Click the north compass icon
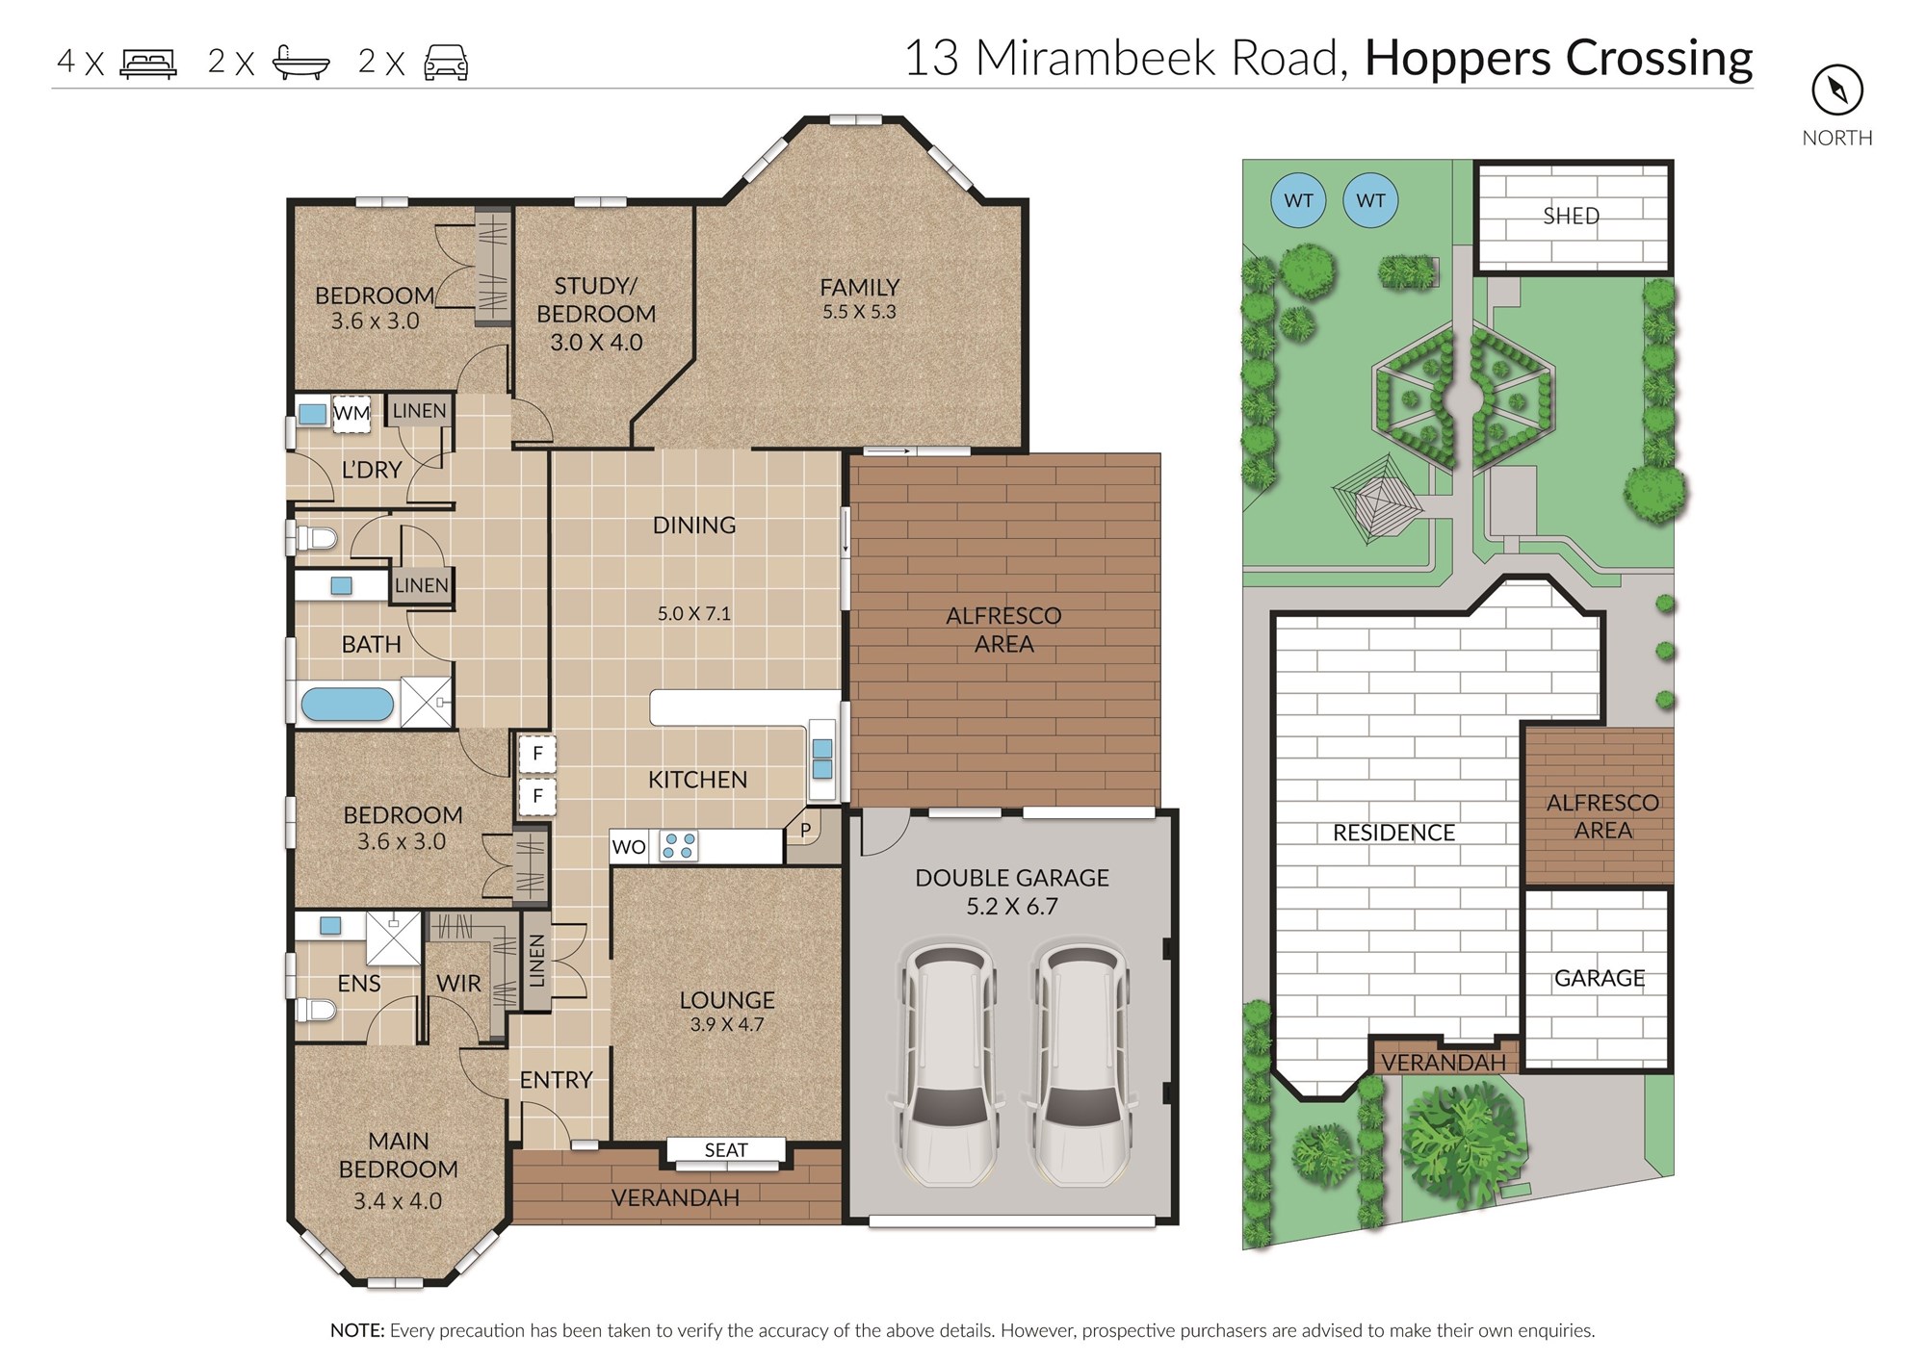pos(1837,90)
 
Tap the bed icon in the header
pos(148,64)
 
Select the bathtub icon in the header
pos(301,62)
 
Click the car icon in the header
pos(446,63)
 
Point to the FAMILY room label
pos(859,288)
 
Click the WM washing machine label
pos(351,413)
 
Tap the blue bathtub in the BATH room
pos(348,704)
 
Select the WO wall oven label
pos(629,847)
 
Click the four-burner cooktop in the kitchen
pos(678,846)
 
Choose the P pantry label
pos(806,829)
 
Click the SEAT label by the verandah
pos(725,1150)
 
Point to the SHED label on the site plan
pos(1571,217)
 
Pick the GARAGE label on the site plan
pos(1600,978)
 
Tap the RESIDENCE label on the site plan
pos(1393,833)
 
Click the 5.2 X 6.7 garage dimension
pos(1012,907)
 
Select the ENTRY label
pos(556,1080)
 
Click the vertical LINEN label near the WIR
pos(537,961)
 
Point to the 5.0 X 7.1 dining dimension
pos(693,614)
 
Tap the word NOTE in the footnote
pos(357,1330)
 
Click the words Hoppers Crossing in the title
pos(1559,58)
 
